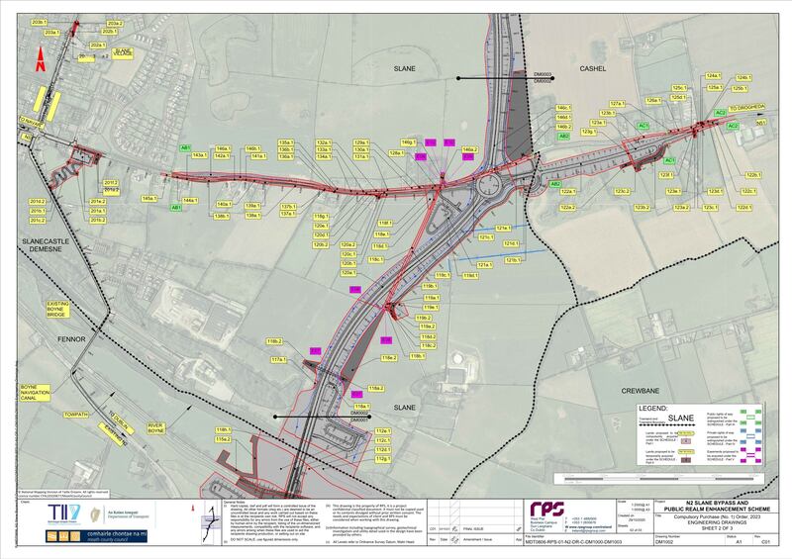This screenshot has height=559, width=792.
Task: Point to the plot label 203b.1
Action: (41, 21)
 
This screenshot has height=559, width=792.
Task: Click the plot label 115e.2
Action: (223, 439)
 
